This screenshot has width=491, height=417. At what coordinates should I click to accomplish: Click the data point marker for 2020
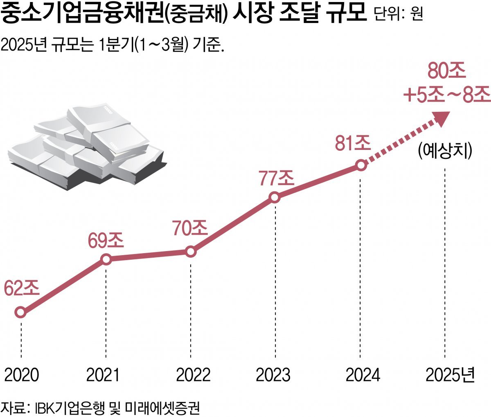click(20, 312)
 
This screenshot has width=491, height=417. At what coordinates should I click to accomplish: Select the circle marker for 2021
click(106, 259)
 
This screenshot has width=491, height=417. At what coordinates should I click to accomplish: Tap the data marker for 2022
click(191, 252)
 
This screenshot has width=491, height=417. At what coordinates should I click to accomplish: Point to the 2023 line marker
click(275, 197)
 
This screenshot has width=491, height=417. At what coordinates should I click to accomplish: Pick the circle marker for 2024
click(360, 165)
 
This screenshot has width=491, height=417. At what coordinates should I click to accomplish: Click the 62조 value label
click(22, 288)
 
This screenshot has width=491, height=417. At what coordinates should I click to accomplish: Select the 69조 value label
click(106, 240)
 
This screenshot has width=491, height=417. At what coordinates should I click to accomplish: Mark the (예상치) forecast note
click(445, 150)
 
